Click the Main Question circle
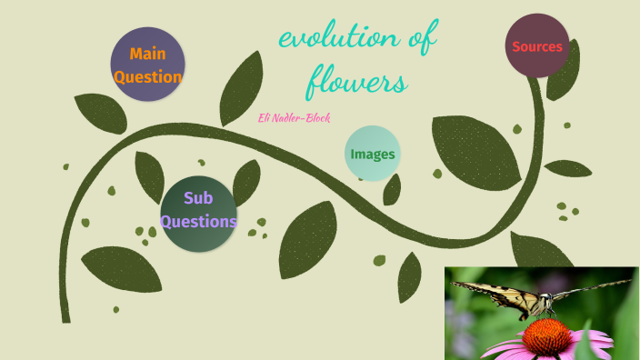pyautogui.click(x=147, y=64)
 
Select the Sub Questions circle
pyautogui.click(x=198, y=213)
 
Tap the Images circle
pyautogui.click(x=373, y=154)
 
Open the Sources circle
pyautogui.click(x=537, y=46)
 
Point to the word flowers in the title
pyautogui.click(x=355, y=83)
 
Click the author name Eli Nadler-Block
pyautogui.click(x=296, y=117)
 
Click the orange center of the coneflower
pyautogui.click(x=545, y=335)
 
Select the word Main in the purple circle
pyautogui.click(x=147, y=54)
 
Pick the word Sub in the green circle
pyautogui.click(x=197, y=198)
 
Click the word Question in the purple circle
pyautogui.click(x=147, y=76)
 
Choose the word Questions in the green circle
pyautogui.click(x=198, y=221)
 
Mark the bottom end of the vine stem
pyautogui.click(x=65, y=317)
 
